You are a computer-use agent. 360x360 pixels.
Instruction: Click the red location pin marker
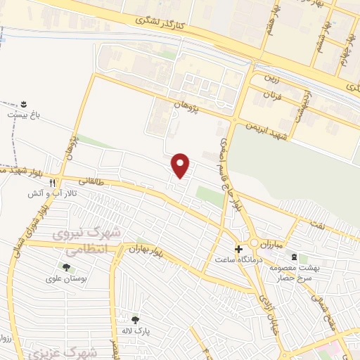pyautogui.click(x=181, y=165)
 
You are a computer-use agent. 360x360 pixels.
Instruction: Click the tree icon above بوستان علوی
pyautogui.click(x=66, y=267)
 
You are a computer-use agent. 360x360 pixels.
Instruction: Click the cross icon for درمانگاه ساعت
pyautogui.click(x=240, y=249)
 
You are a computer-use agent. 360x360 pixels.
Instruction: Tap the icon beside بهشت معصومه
pyautogui.click(x=294, y=257)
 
